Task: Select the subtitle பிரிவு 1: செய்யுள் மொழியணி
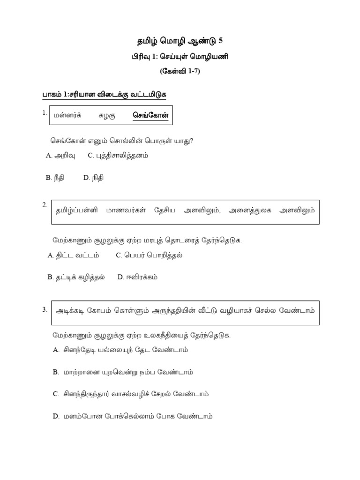180,57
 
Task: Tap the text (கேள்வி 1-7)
180,72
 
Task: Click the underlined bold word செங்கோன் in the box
150,115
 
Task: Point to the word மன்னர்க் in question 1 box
67,115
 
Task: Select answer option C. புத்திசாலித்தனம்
118,156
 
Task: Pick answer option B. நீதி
56,177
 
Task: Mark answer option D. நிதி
93,177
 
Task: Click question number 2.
45,205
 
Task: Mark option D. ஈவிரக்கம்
138,277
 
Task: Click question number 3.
45,309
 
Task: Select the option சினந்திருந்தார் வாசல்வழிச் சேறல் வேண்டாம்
131,394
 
